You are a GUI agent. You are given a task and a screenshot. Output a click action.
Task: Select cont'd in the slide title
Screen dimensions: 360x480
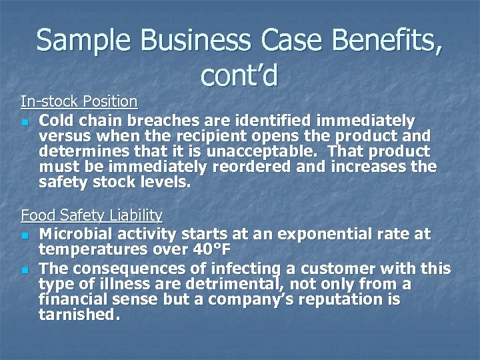tap(238, 77)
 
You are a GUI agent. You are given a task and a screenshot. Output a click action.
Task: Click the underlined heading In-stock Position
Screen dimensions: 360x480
tap(79, 101)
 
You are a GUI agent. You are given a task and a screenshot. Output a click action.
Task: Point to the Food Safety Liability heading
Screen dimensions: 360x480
tap(92, 215)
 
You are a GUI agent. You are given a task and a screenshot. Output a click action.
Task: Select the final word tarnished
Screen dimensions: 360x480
tap(79, 315)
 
